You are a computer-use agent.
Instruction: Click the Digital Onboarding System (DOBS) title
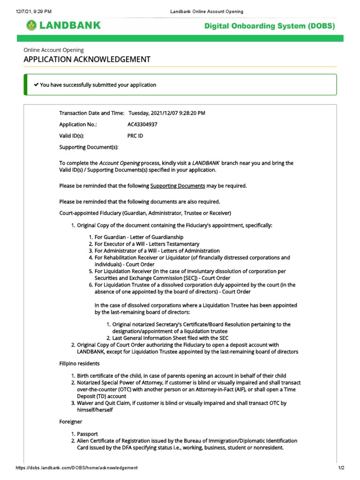270,26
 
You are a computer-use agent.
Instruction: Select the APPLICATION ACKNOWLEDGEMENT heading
87,60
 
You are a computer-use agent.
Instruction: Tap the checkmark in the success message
36,85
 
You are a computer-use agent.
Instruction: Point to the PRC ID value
135,136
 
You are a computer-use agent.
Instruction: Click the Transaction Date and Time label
91,113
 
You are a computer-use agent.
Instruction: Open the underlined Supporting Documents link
178,186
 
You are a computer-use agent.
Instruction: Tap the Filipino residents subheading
79,363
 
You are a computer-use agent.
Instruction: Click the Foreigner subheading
71,422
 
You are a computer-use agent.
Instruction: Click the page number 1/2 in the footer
341,468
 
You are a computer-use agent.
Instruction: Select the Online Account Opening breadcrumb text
54,50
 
